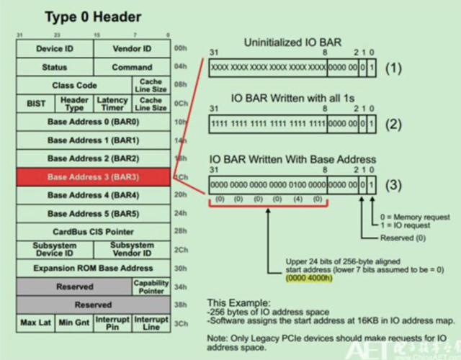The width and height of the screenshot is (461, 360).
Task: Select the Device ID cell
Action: pyautogui.click(x=54, y=48)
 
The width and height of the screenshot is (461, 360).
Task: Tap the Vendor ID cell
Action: pyautogui.click(x=132, y=48)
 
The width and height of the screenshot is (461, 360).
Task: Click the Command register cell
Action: pyautogui.click(x=132, y=67)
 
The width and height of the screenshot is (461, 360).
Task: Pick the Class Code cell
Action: pyautogui.click(x=73, y=86)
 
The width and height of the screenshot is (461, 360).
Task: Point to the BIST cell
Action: pyautogui.click(x=36, y=104)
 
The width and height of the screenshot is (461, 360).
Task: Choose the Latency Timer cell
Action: pyautogui.click(x=112, y=104)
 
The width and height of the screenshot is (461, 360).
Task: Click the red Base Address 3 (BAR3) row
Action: pyautogui.click(x=93, y=177)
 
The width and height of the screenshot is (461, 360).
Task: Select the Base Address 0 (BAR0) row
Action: pyautogui.click(x=93, y=122)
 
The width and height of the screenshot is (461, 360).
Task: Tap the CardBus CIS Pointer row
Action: pyautogui.click(x=93, y=232)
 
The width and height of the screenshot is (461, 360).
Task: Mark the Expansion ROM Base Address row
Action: pyautogui.click(x=93, y=268)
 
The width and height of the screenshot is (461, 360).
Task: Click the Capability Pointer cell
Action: pyautogui.click(x=151, y=287)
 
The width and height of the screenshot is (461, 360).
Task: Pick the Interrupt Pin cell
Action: pyautogui.click(x=112, y=323)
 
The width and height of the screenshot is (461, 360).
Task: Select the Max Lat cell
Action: pyautogui.click(x=36, y=323)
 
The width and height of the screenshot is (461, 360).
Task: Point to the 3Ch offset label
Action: pyautogui.click(x=180, y=323)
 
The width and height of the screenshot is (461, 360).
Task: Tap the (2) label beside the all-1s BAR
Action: pyautogui.click(x=393, y=123)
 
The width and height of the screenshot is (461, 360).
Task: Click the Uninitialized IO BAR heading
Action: pyautogui.click(x=292, y=43)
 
